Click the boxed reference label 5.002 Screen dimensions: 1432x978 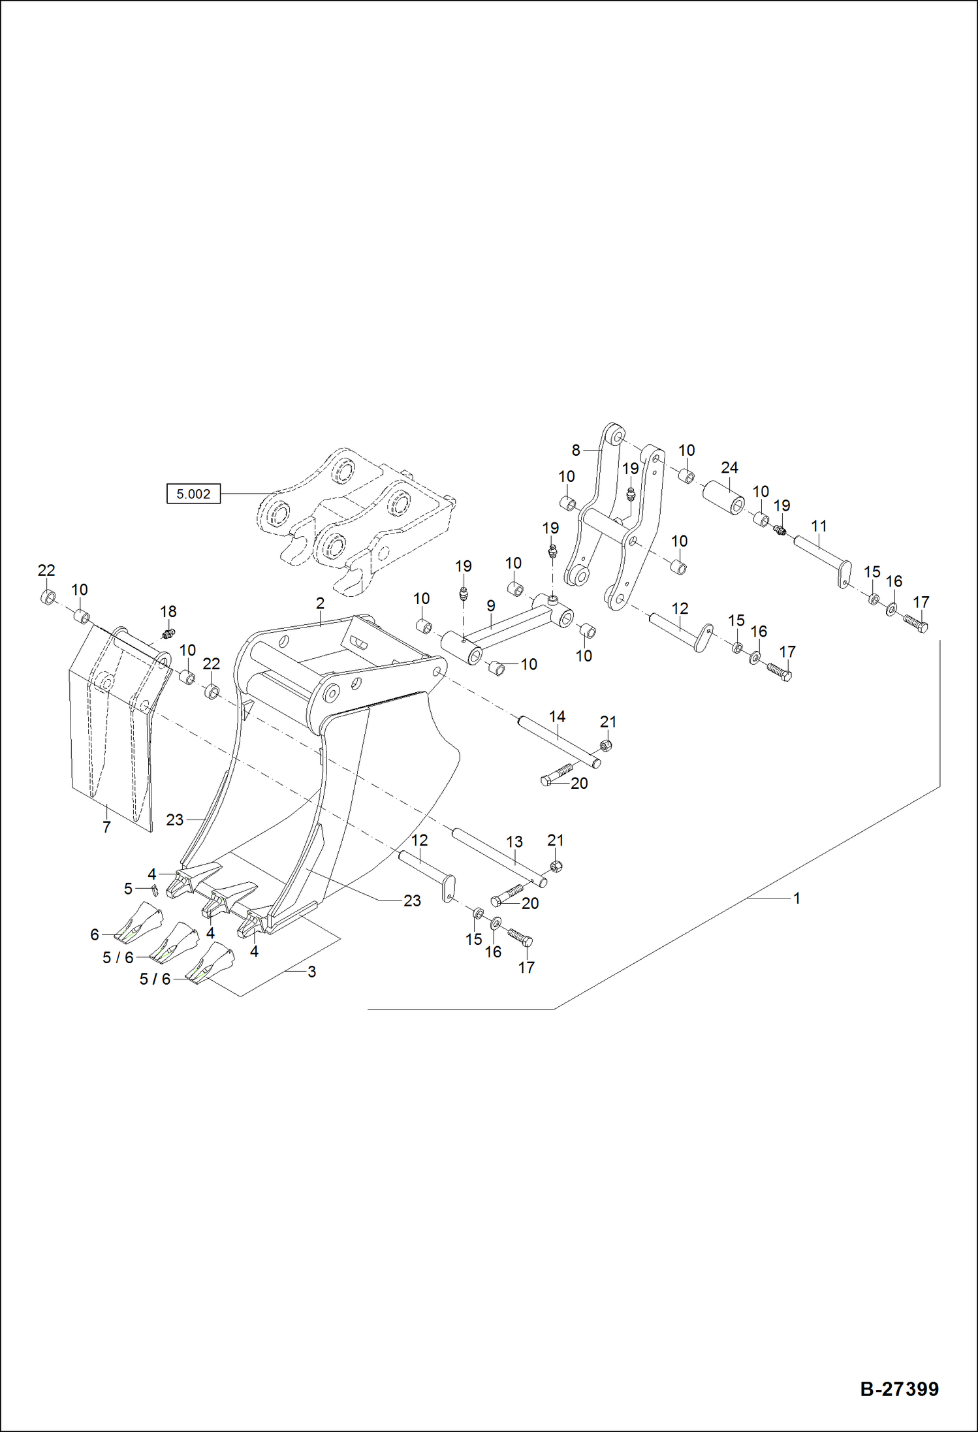pos(193,494)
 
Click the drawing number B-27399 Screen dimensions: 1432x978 pos(899,1388)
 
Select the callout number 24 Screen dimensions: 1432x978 pos(729,468)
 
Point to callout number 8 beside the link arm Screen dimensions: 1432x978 pos(576,450)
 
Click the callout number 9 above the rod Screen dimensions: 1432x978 pos(491,606)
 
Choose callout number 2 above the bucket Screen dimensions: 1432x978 pos(320,603)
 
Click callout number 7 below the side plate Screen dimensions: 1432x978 pos(106,827)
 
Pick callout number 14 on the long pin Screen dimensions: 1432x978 pos(557,716)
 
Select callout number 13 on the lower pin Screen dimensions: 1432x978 pos(514,842)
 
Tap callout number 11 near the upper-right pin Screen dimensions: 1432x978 pos(819,526)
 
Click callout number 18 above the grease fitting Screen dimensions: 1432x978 pos(168,611)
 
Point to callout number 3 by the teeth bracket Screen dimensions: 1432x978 pos(312,972)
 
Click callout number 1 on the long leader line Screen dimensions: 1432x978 pos(797,899)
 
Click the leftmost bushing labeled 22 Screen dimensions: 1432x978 pos(48,597)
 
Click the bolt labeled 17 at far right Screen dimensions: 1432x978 pos(915,623)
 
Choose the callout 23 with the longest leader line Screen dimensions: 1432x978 pos(412,900)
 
